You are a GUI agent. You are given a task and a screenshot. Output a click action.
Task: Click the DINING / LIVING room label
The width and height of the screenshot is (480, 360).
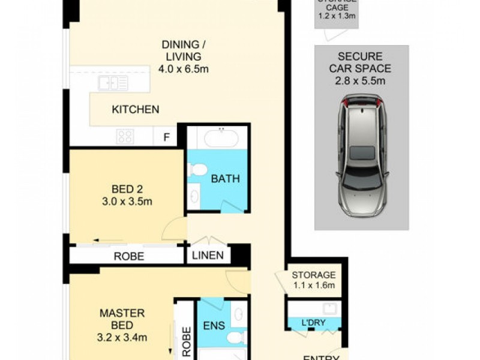183,50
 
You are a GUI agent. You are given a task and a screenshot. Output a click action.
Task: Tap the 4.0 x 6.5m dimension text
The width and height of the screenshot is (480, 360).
183,69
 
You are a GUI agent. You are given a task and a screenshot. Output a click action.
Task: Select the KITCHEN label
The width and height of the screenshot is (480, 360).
135,109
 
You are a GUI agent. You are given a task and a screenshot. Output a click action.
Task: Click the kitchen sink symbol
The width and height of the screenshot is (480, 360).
113,83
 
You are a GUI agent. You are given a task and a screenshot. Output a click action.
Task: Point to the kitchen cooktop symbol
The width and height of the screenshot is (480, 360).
125,136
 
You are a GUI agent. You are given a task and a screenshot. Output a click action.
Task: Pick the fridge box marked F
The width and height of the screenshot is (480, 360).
166,137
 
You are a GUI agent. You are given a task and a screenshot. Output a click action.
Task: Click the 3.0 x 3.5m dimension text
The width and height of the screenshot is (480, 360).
126,202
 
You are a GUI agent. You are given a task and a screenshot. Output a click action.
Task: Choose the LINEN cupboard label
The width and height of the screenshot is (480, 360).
208,256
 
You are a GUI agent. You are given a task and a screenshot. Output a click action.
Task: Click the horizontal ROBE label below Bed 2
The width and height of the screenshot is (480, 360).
129,256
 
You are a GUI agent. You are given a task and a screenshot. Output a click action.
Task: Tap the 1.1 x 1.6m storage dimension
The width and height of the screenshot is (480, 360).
314,286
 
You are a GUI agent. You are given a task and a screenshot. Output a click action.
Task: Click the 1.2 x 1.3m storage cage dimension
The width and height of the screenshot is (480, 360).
337,16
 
